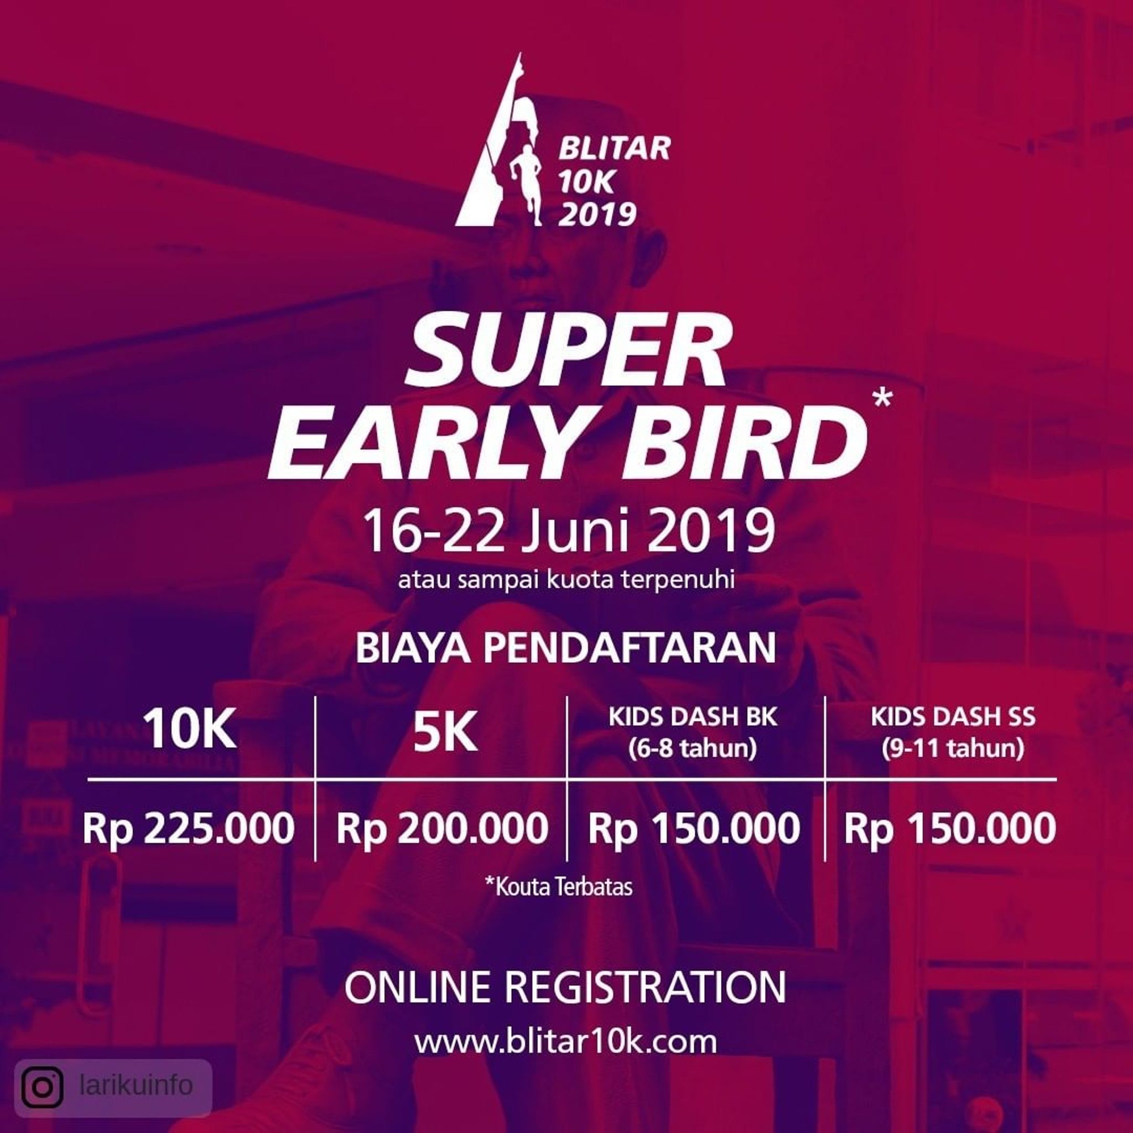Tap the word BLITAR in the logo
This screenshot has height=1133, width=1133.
[614, 148]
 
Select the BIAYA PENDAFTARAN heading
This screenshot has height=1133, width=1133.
[566, 647]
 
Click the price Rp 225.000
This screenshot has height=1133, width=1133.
[189, 829]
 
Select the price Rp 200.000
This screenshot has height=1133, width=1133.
[442, 829]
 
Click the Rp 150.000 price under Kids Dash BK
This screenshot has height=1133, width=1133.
[694, 829]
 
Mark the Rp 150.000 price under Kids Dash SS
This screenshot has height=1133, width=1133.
[950, 829]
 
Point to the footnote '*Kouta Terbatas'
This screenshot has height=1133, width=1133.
[559, 886]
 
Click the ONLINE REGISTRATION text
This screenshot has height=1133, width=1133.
[565, 988]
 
